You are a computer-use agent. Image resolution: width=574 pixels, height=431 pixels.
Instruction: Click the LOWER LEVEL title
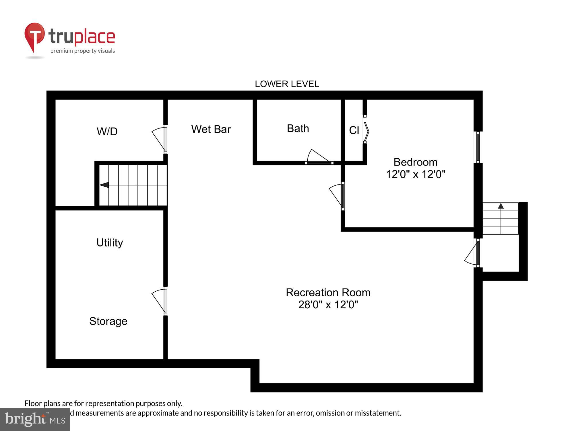coord(287,84)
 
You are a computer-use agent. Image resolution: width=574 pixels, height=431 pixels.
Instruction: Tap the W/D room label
coord(107,131)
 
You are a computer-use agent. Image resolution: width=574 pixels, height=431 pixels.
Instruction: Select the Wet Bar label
coord(211,129)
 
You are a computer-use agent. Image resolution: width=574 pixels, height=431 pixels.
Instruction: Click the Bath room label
coord(298,128)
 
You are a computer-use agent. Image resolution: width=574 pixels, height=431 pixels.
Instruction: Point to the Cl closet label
coord(354,130)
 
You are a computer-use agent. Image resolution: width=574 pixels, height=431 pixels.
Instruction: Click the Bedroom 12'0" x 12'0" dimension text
coord(415,174)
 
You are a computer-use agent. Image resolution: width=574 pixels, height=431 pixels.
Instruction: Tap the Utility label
coord(110,243)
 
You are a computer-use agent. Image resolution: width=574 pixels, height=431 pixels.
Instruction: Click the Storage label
coord(108,321)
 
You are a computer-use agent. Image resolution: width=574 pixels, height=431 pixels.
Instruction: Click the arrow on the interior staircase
coord(104,185)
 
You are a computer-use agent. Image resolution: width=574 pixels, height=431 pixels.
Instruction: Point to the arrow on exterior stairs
coord(501,206)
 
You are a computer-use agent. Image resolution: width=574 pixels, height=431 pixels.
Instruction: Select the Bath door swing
coord(318,157)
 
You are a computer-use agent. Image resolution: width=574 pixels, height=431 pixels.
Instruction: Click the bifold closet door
coord(366,131)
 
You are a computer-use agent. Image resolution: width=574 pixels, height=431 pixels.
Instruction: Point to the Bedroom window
coord(478,147)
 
